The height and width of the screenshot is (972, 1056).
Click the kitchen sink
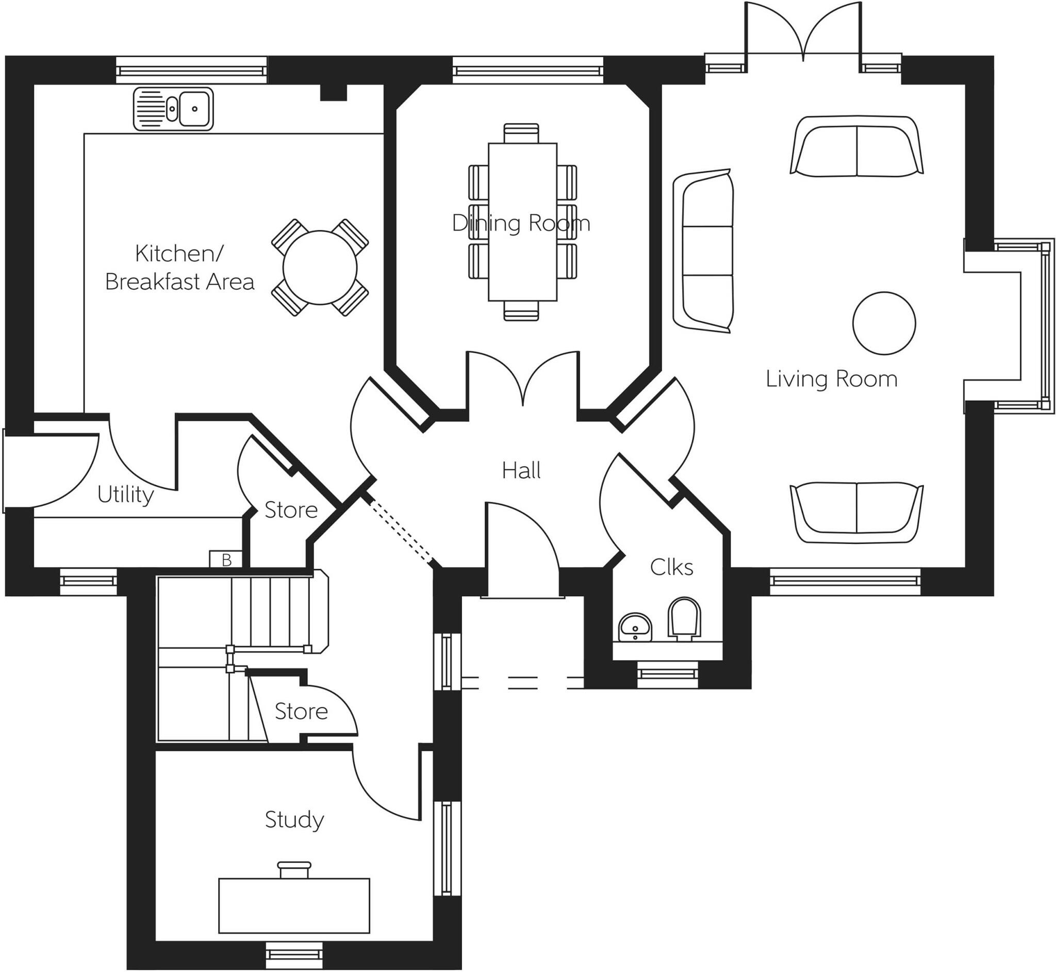point(173,109)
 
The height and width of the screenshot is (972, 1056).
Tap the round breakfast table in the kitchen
point(320,267)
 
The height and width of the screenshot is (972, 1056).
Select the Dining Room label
point(521,223)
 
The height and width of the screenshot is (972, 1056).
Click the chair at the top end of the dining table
point(521,133)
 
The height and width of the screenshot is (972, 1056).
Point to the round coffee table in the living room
point(883,323)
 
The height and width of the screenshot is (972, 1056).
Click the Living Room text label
point(831,379)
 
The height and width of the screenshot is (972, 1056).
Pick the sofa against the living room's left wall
point(704,251)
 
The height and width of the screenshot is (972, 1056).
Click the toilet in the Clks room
point(684,619)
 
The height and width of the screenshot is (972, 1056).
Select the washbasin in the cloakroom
point(635,627)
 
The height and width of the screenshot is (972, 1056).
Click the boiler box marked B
point(226,559)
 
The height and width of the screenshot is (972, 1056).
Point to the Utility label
point(125,495)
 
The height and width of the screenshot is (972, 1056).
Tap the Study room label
point(294,819)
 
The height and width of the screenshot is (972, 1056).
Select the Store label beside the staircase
point(301,711)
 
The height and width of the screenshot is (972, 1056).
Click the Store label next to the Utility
point(291,509)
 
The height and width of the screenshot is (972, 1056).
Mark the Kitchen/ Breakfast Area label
point(179,268)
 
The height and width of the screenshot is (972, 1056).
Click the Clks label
point(671,567)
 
